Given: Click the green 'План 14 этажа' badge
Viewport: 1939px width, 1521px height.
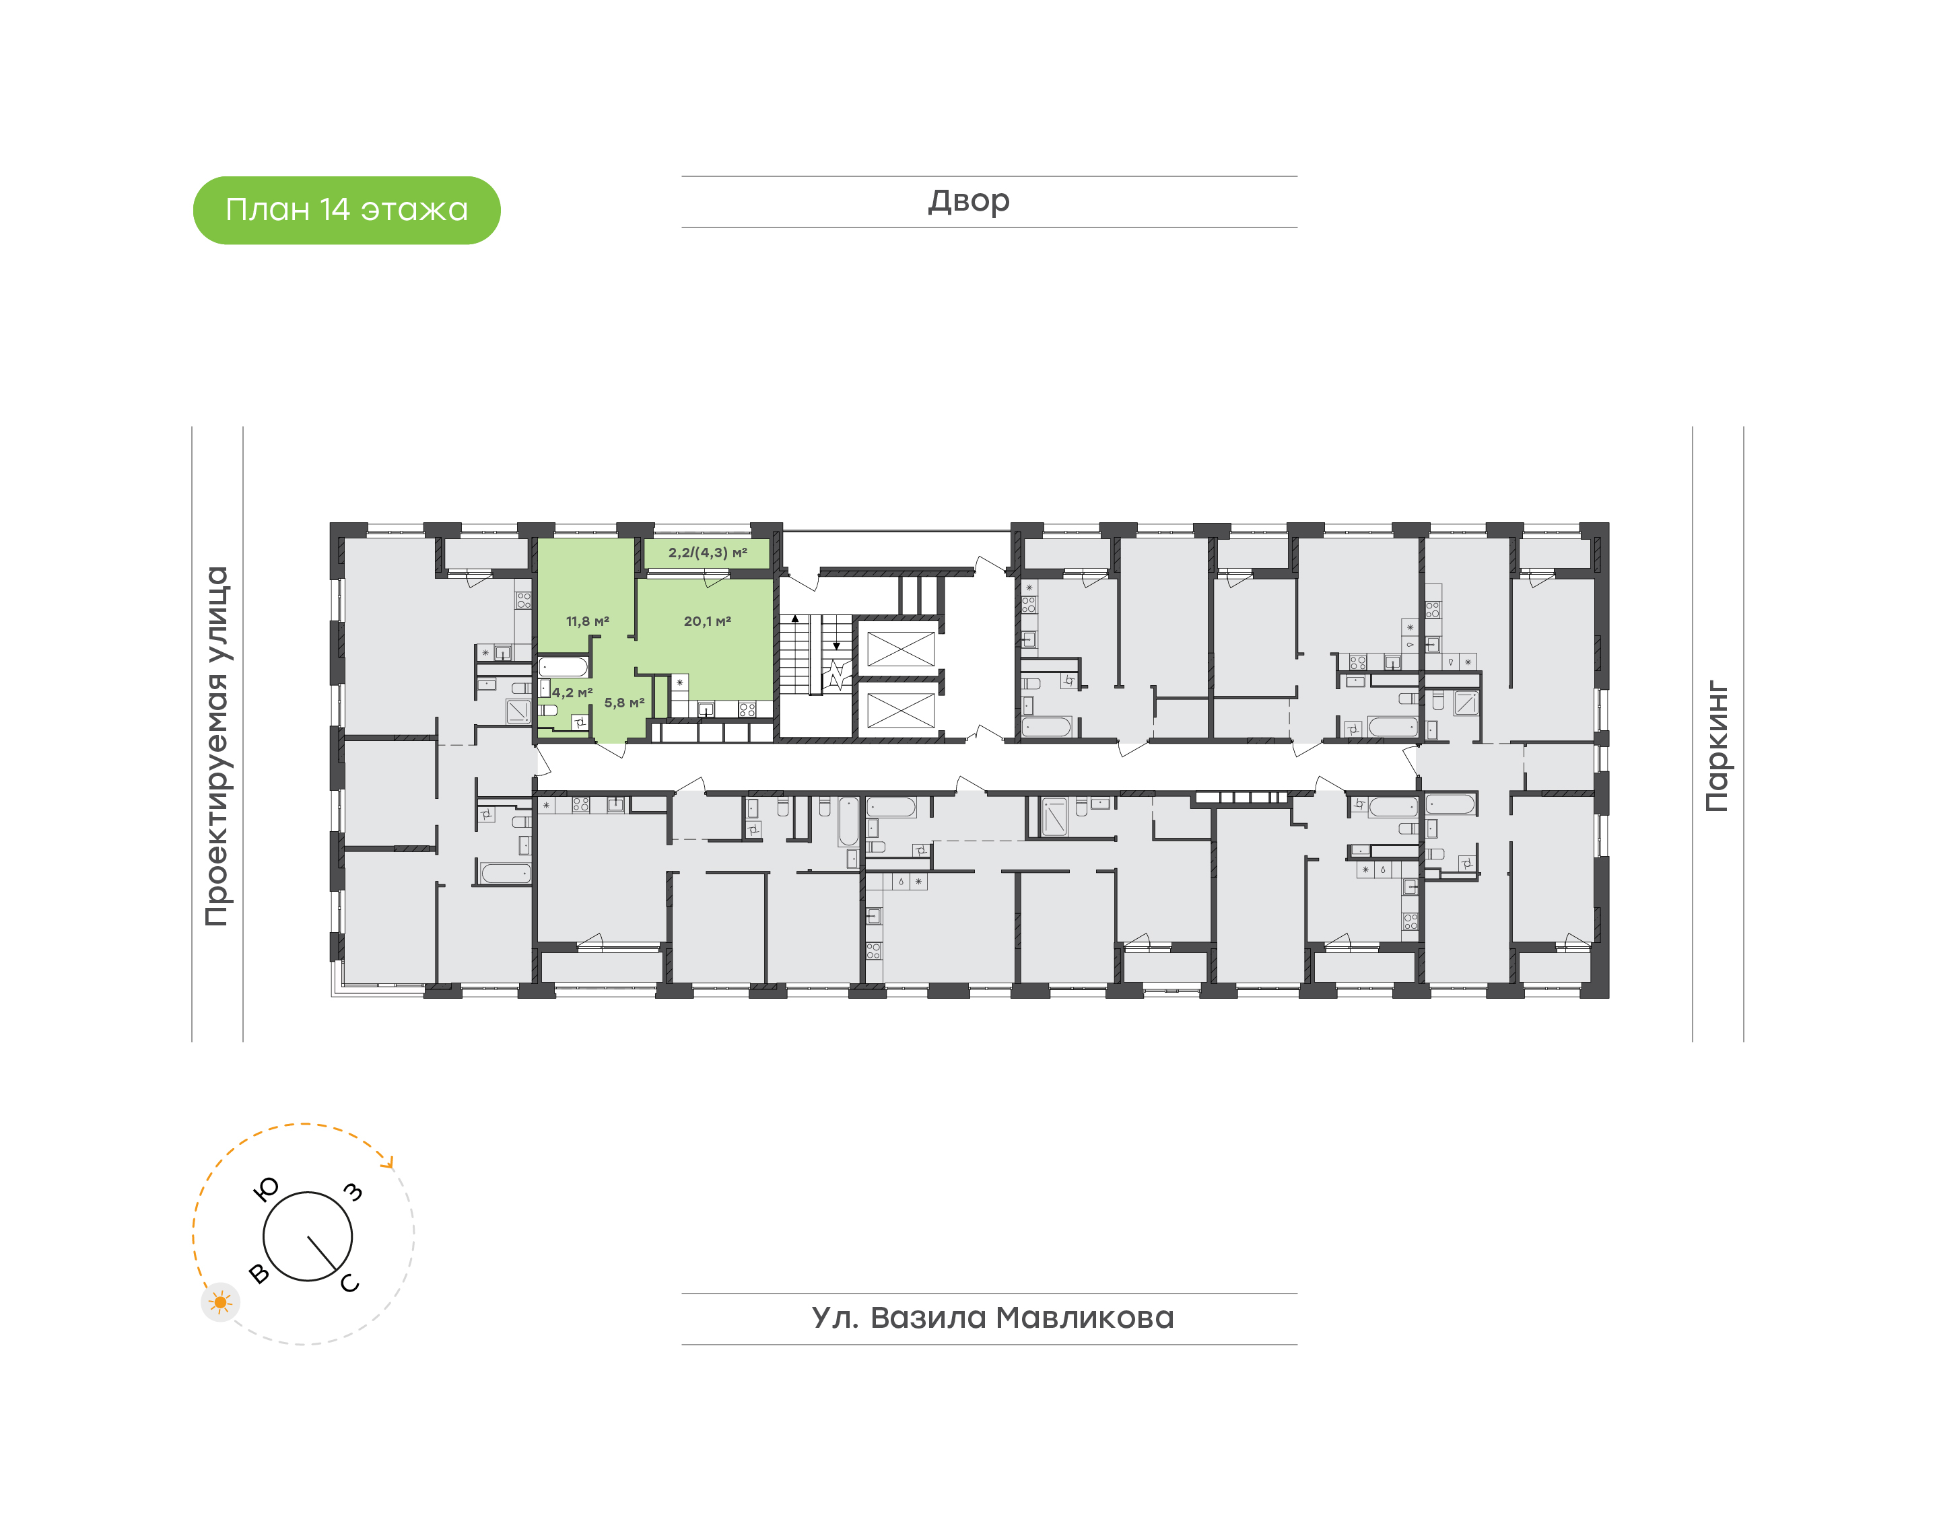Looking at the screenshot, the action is (x=347, y=210).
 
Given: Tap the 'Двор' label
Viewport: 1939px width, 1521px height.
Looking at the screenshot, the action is (x=969, y=201).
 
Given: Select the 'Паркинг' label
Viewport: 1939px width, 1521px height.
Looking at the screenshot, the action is (x=1716, y=746).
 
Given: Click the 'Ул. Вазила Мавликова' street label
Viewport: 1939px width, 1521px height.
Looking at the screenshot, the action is (x=992, y=1318).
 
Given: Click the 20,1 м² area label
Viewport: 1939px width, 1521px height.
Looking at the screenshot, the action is (x=707, y=622).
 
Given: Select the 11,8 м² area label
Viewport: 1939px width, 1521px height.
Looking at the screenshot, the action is (x=588, y=622).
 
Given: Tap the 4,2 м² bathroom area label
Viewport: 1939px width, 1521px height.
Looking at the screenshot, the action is (x=572, y=692).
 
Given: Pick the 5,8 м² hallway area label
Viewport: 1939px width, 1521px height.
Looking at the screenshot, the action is (x=624, y=703).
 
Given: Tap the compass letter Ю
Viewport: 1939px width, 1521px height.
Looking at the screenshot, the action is (x=267, y=1189).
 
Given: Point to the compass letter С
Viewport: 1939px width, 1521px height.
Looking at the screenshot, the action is (x=350, y=1283).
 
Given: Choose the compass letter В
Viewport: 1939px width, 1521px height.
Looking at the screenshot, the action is (x=259, y=1273).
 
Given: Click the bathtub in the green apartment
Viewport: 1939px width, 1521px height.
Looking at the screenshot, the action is (x=563, y=667).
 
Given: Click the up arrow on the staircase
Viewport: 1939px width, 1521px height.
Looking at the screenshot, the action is (x=795, y=618).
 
